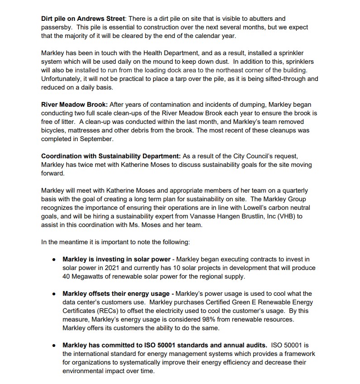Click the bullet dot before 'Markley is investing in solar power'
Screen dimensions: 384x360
tap(54, 260)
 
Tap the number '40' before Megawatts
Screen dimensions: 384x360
tap(67, 276)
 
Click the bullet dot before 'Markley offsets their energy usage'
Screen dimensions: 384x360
tap(54, 294)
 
